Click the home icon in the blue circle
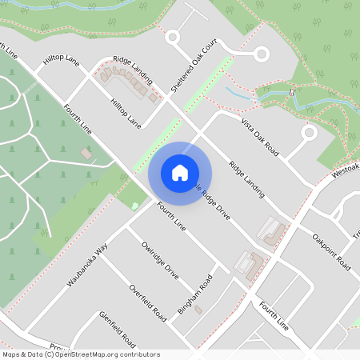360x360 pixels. click(x=180, y=172)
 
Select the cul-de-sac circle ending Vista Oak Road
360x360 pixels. click(x=309, y=133)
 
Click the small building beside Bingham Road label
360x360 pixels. click(x=198, y=309)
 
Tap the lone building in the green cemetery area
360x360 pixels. click(x=86, y=153)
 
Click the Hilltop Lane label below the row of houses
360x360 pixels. click(x=126, y=114)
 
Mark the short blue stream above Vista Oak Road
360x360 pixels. click(x=240, y=93)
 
